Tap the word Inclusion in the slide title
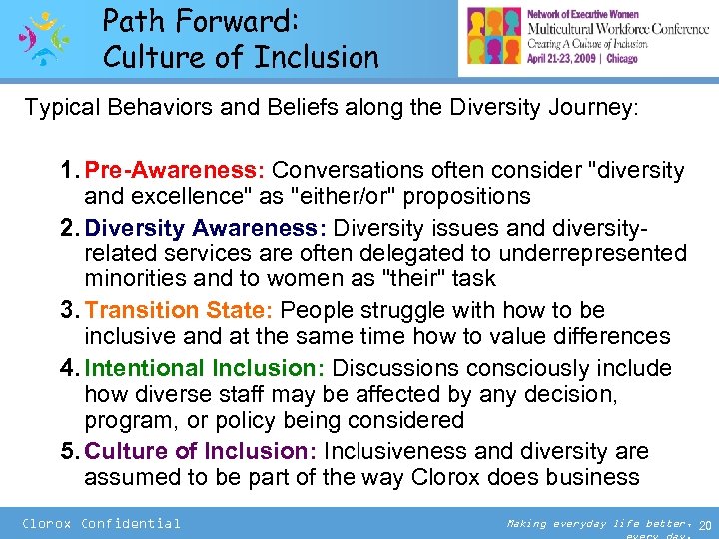[315, 57]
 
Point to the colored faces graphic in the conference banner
[495, 38]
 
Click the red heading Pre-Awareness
[183, 170]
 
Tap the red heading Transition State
[190, 310]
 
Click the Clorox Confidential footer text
[101, 523]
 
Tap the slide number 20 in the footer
[705, 525]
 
